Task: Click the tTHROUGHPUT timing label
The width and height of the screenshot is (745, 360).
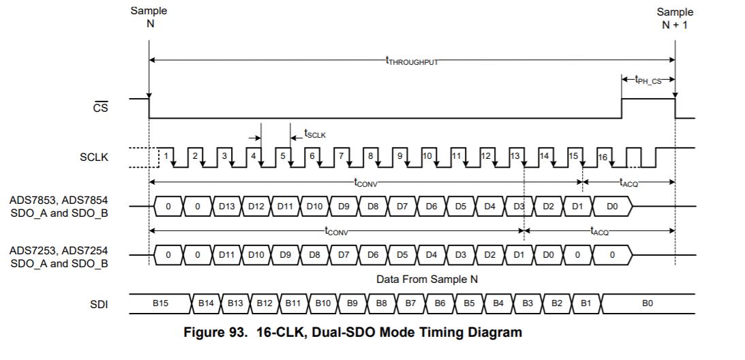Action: pos(412,61)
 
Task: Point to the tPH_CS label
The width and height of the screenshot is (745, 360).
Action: pos(648,80)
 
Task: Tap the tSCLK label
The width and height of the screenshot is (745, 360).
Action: pos(315,134)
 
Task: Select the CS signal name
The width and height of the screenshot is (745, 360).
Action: pos(100,107)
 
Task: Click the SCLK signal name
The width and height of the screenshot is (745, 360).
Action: pos(94,157)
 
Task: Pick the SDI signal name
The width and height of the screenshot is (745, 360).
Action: pos(99,303)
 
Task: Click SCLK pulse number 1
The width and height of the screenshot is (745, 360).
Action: pos(165,156)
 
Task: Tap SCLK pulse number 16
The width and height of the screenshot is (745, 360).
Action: pos(603,157)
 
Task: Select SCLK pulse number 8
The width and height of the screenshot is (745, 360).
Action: pos(370,156)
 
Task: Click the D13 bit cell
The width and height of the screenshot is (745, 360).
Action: pos(227,205)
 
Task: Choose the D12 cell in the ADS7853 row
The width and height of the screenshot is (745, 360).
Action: pos(256,205)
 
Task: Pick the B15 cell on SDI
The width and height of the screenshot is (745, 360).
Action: pos(161,303)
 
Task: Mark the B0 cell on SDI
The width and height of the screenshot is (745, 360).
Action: pos(647,303)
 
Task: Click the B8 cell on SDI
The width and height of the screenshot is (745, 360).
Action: pos(382,303)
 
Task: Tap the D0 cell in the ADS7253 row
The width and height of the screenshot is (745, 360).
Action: pos(547,254)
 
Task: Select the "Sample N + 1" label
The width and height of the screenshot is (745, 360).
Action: pos(675,18)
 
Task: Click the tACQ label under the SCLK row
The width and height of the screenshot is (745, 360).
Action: pos(628,182)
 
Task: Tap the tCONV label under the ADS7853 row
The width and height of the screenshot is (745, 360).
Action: pos(337,231)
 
